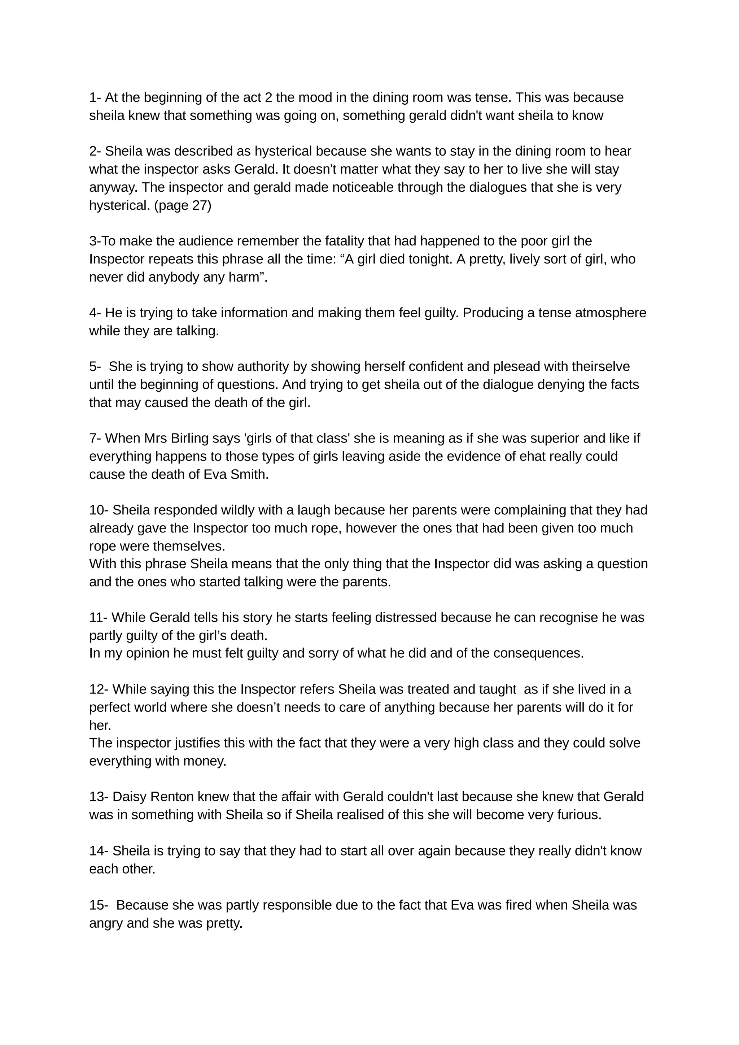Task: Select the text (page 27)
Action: [x=183, y=206]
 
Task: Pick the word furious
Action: [x=578, y=815]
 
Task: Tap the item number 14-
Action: [x=98, y=851]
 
